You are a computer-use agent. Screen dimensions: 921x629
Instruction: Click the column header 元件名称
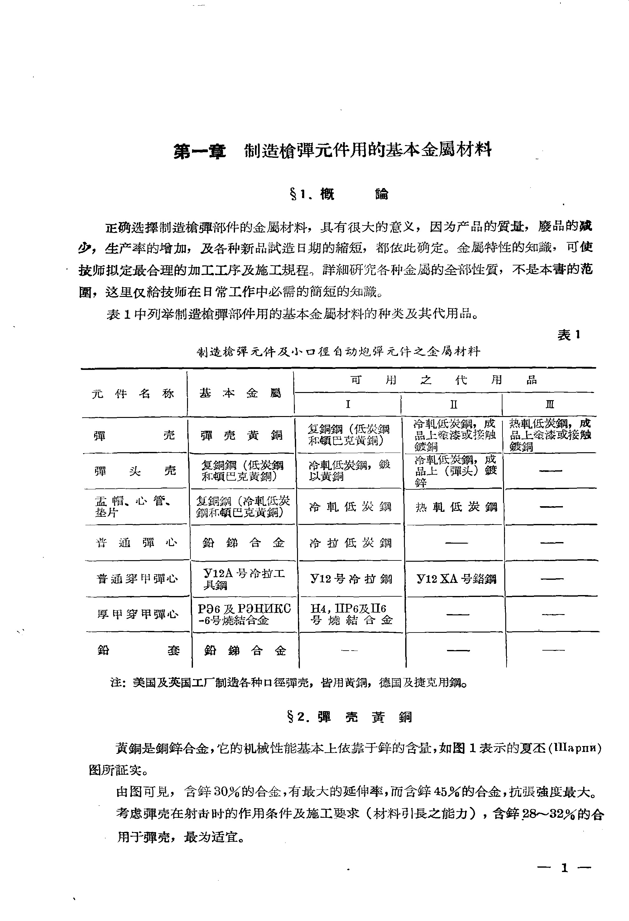(133, 394)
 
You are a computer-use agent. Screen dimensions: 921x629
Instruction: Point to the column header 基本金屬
(240, 393)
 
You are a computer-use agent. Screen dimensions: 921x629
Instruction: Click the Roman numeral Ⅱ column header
(454, 405)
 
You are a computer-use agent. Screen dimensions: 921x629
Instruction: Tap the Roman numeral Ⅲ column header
(550, 405)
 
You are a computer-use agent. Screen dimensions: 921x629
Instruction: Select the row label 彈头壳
(135, 471)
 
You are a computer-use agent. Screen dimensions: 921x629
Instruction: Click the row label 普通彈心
(137, 543)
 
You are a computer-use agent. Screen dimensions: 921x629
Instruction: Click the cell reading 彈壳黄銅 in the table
(241, 435)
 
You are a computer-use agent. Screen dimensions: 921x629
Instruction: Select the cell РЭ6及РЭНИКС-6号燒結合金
(244, 615)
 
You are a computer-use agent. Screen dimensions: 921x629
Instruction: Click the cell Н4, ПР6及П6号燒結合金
(351, 615)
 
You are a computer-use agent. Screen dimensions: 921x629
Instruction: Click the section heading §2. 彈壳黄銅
(349, 717)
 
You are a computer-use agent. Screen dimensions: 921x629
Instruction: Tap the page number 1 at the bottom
(564, 868)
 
